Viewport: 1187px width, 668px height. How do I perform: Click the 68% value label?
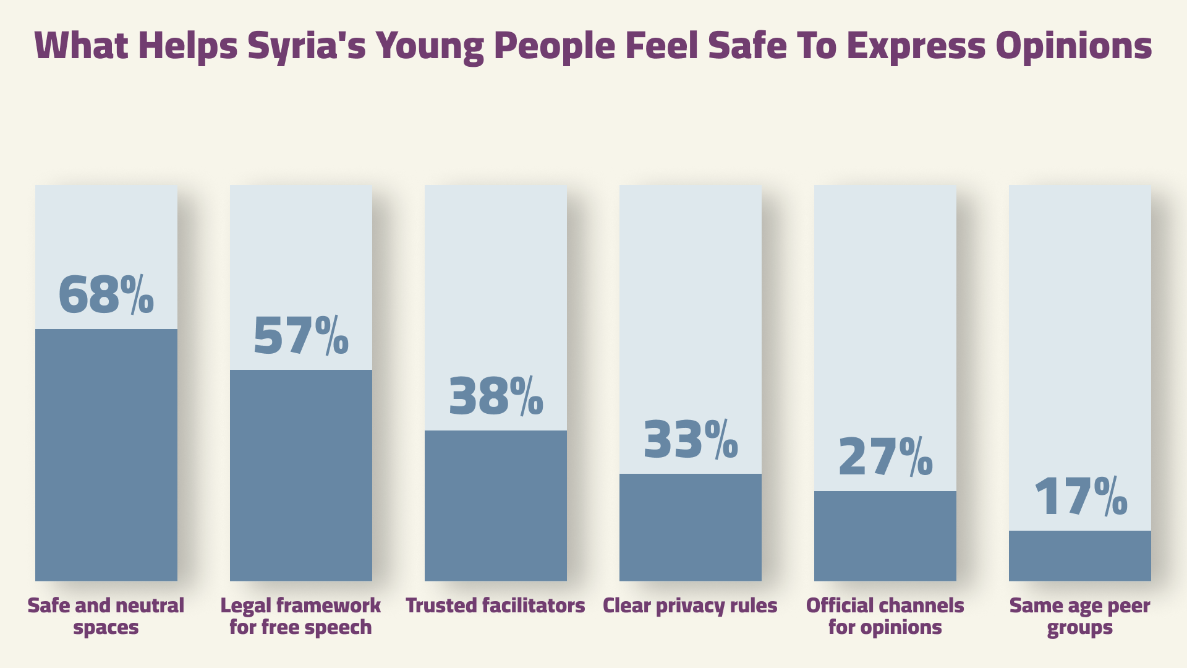pos(106,294)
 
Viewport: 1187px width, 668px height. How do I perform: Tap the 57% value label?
pos(300,335)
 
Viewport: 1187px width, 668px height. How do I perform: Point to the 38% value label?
pos(495,396)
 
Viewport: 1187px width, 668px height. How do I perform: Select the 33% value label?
pos(690,439)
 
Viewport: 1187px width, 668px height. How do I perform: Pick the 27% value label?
pos(885,456)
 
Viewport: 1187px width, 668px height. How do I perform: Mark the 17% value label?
pos(1079,496)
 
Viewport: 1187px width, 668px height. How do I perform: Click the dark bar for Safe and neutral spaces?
pos(106,455)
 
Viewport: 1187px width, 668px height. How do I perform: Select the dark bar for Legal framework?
pos(300,475)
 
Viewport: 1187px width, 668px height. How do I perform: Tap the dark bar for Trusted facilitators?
pos(495,505)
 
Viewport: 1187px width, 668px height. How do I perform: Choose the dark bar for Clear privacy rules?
pos(690,527)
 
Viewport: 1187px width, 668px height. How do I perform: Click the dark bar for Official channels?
pos(885,536)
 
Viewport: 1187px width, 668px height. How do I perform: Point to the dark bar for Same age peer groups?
pos(1079,555)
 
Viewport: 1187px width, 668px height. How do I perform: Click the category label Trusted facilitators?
pos(495,606)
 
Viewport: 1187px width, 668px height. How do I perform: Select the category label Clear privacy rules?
pos(690,606)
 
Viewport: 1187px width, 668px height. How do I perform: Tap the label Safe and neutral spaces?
pos(106,616)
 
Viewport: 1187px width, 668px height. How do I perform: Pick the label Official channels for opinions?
pos(885,616)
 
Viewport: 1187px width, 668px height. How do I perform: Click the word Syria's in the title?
pos(307,46)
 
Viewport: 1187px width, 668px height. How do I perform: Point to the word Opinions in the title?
pos(1074,46)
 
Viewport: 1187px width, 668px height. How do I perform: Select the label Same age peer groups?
pos(1079,616)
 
